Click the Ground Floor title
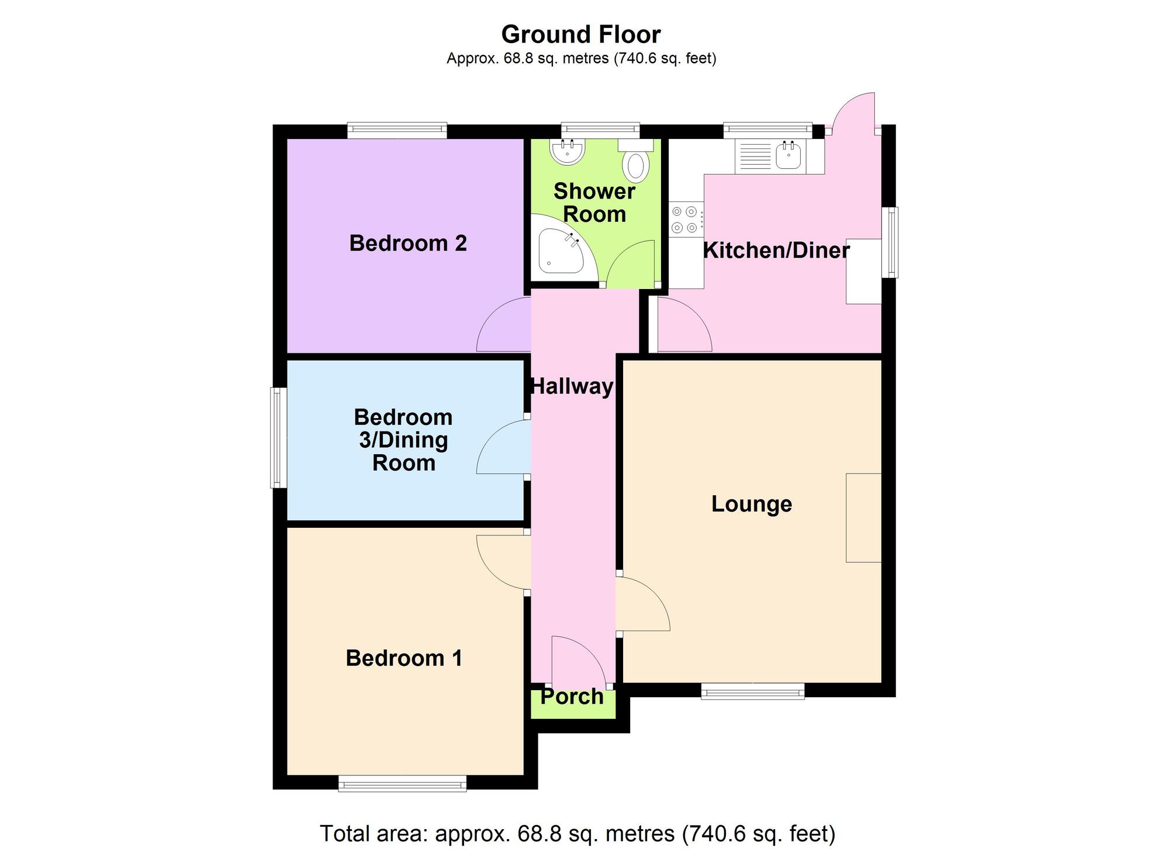(x=581, y=34)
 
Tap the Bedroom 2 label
(x=408, y=243)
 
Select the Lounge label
(x=752, y=504)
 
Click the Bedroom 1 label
(x=404, y=658)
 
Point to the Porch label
(x=572, y=696)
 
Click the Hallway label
(x=572, y=386)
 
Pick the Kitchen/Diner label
(x=776, y=250)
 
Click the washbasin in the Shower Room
(x=567, y=151)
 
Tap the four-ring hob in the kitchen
(x=686, y=219)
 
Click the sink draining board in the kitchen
(x=756, y=156)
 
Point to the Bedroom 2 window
(x=397, y=130)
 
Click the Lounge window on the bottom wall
(x=753, y=691)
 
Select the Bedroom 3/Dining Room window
(x=278, y=438)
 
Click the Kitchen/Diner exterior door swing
(x=853, y=113)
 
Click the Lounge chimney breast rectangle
(x=864, y=518)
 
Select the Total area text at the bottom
(x=577, y=833)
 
